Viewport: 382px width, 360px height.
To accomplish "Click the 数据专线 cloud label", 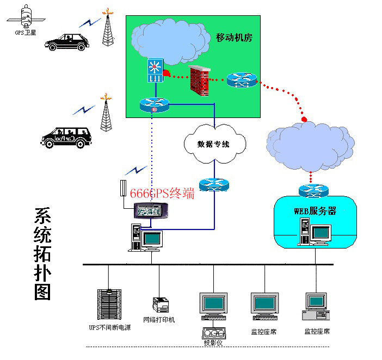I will click(x=213, y=145).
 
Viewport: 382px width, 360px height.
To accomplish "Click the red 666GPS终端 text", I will click(x=162, y=193).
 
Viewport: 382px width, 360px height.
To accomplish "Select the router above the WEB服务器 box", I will click(x=314, y=191).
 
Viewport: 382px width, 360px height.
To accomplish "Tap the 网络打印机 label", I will click(x=159, y=320).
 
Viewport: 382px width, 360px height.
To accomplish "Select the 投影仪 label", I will click(x=212, y=343).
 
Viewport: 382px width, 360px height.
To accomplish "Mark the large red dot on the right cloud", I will click(x=305, y=119).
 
